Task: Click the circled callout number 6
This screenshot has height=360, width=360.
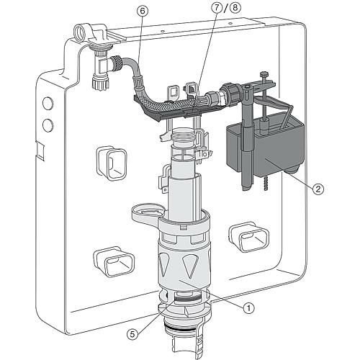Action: coord(143,11)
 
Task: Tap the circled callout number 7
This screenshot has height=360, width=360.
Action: coord(217,8)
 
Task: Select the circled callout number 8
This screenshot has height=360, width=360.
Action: coord(235,7)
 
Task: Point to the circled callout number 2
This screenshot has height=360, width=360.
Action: coord(318,189)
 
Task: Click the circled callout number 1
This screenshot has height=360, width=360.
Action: coord(248,307)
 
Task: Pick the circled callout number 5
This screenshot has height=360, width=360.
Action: coord(132,334)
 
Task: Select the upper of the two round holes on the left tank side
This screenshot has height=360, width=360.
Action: coord(48,103)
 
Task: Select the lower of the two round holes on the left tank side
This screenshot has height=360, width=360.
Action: coord(48,125)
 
